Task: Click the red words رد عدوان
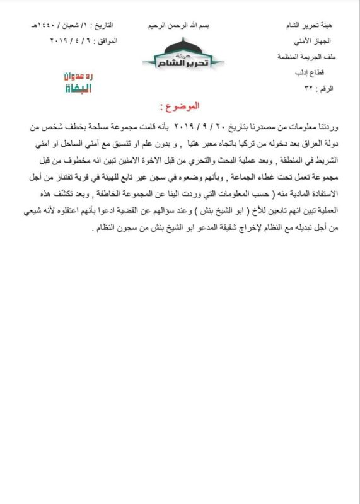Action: (x=79, y=76)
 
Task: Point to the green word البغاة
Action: (x=79, y=88)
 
